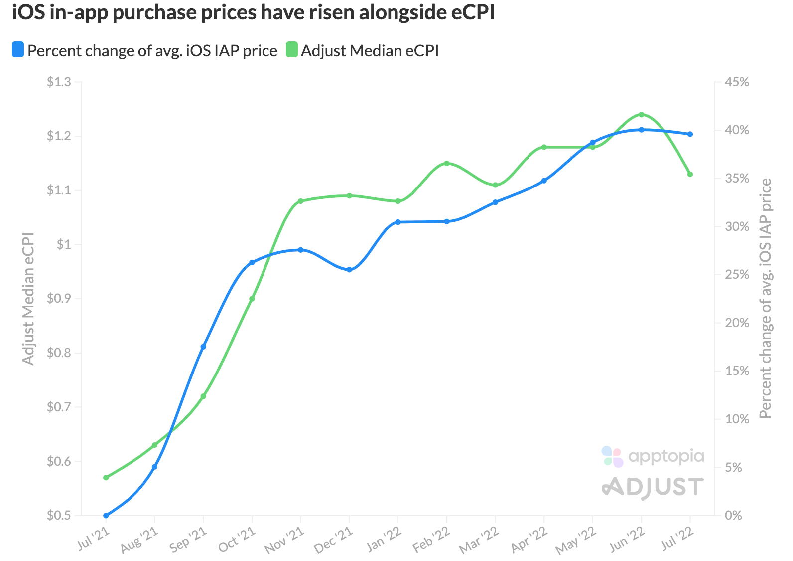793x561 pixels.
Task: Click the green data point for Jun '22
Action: click(x=641, y=114)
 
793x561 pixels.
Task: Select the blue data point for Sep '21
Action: click(x=203, y=347)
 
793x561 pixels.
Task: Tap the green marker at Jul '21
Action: click(x=106, y=477)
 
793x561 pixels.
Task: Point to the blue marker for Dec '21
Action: click(x=349, y=270)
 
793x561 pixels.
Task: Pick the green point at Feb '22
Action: click(x=446, y=163)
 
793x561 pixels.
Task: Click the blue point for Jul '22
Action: click(x=690, y=134)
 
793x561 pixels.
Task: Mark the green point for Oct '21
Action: click(x=252, y=299)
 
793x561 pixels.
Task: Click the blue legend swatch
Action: click(x=18, y=50)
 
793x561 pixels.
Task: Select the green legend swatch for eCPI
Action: click(x=291, y=50)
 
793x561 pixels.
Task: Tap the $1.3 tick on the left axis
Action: click(x=58, y=82)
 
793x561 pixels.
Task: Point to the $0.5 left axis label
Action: click(x=58, y=515)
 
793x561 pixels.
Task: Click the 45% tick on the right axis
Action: click(x=737, y=82)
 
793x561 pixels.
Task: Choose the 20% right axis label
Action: click(x=737, y=323)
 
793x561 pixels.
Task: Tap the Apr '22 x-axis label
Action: click(x=529, y=541)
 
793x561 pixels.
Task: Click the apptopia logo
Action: click(x=653, y=456)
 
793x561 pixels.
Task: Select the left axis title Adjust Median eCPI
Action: click(x=28, y=298)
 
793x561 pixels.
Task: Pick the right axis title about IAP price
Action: click(x=765, y=298)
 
